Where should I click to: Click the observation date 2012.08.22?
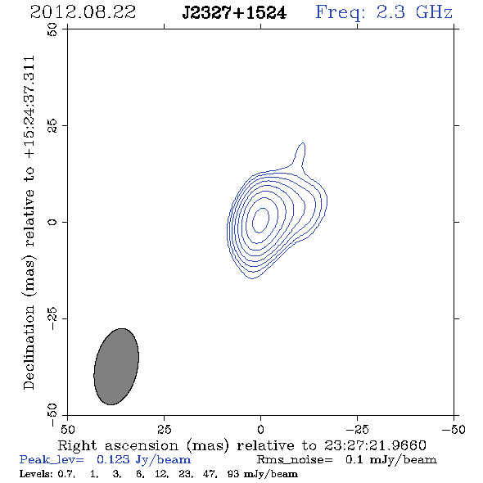[83, 12]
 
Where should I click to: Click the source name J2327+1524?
[234, 13]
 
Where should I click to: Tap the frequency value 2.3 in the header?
[390, 12]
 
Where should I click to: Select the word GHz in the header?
[434, 12]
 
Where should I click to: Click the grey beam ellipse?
[116, 367]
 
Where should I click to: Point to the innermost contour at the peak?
[260, 220]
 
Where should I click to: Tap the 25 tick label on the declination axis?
[52, 126]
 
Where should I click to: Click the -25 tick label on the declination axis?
[52, 318]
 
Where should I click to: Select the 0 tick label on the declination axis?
[52, 222]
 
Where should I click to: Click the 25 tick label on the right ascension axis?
[165, 430]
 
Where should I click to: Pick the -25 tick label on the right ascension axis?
[357, 430]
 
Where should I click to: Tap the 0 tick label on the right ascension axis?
[260, 430]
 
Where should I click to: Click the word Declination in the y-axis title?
[29, 347]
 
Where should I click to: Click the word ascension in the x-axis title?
[142, 445]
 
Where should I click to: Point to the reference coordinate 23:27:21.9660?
[375, 445]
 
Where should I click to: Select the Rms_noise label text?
[295, 460]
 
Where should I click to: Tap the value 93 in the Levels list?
[232, 474]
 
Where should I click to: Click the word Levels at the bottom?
[36, 474]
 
